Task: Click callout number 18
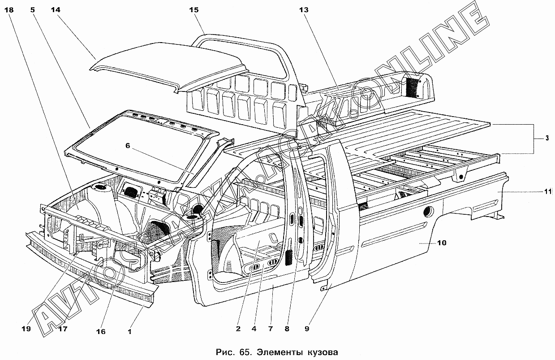click(x=9, y=10)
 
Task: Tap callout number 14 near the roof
click(x=56, y=10)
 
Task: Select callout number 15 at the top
click(x=194, y=10)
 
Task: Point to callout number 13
click(x=304, y=10)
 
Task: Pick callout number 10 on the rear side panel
click(x=442, y=243)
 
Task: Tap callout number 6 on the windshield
click(x=128, y=146)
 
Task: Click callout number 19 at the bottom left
click(x=26, y=329)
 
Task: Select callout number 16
click(x=101, y=331)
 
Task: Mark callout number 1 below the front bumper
click(x=129, y=331)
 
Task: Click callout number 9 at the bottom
click(x=307, y=329)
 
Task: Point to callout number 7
click(x=271, y=329)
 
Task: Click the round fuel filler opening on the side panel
click(x=429, y=211)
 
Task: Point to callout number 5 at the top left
click(x=33, y=10)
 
